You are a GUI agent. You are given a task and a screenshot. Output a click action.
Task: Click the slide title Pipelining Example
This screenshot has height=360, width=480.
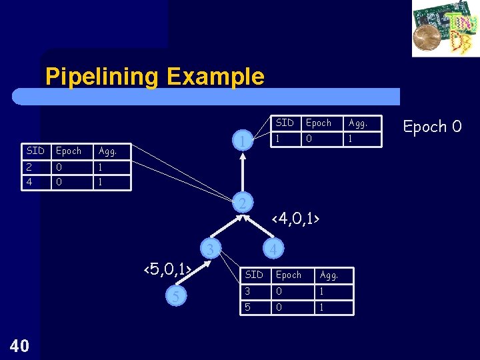coord(155,77)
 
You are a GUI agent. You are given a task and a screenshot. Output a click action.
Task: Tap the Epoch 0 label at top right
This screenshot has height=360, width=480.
coord(432,126)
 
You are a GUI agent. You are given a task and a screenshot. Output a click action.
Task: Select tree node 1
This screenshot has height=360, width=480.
coord(245,141)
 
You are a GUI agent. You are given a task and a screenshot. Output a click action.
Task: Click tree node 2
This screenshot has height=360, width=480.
coord(245,202)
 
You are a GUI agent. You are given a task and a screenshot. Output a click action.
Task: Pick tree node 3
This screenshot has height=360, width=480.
coord(210,249)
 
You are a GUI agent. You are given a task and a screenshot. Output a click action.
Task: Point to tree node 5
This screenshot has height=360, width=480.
coord(175,296)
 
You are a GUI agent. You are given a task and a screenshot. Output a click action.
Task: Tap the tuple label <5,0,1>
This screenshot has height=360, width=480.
coord(169,269)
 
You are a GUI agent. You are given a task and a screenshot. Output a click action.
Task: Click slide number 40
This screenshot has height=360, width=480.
coord(20,345)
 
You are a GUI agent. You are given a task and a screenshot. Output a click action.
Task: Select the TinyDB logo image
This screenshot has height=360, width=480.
coord(445,29)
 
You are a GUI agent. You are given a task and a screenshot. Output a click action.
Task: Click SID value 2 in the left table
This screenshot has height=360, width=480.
coord(31,167)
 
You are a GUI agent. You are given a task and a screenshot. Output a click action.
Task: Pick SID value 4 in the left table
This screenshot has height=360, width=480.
coord(31,181)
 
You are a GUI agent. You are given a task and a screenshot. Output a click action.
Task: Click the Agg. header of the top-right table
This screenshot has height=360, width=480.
coord(358,123)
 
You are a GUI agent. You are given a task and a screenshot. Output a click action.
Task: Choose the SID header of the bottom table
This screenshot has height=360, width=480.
coord(254,275)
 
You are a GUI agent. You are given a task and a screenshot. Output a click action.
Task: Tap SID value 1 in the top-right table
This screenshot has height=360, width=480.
coord(279,139)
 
